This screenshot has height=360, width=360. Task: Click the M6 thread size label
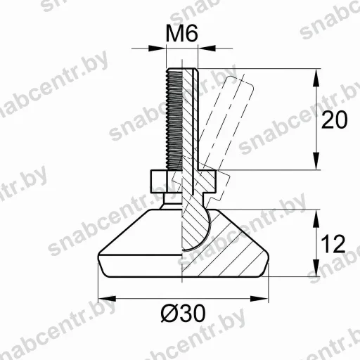(x=182, y=33)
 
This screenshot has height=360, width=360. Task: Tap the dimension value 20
(x=334, y=120)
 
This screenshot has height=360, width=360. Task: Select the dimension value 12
(x=333, y=244)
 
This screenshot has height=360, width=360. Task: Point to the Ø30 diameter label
(x=183, y=314)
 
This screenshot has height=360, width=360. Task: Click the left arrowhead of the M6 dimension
(x=157, y=49)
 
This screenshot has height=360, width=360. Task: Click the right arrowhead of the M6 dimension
(x=207, y=49)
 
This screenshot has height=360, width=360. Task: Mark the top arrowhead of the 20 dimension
(x=316, y=77)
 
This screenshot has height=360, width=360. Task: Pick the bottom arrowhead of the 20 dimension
(x=316, y=161)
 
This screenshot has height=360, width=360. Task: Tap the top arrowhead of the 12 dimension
(x=316, y=218)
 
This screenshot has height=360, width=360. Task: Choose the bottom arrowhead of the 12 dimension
(x=316, y=268)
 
